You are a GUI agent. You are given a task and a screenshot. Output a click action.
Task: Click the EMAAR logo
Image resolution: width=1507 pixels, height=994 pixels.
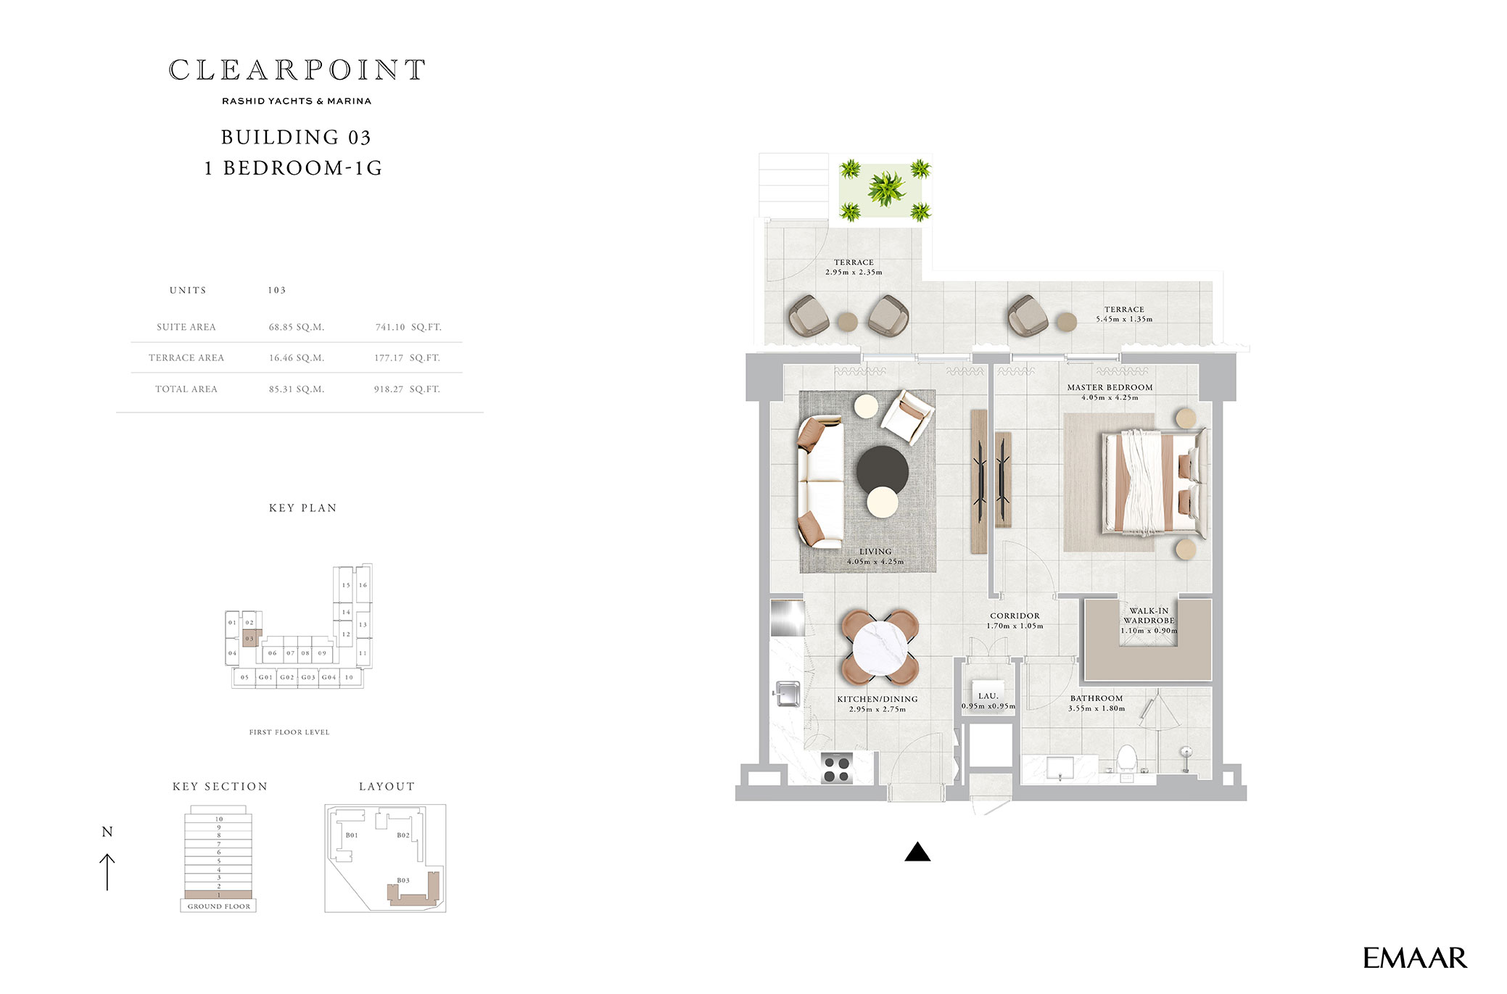coord(1414,958)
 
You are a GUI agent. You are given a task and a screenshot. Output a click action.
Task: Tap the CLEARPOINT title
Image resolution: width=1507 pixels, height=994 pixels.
coord(297,70)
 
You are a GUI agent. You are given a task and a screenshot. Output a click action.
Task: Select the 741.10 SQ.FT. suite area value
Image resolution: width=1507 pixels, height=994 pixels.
coord(408,327)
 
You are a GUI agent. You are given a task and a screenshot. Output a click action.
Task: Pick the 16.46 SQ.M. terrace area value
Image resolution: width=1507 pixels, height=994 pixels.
coord(297,358)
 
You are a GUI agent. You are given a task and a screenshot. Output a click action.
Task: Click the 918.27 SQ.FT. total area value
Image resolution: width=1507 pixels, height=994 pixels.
coord(407,389)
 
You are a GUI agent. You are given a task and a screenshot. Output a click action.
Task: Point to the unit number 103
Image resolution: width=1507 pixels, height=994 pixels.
coord(277,290)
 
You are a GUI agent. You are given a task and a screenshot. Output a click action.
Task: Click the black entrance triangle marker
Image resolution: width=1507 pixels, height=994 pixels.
coord(917,852)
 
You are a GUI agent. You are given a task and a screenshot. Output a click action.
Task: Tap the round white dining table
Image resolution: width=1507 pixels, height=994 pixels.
coord(880,647)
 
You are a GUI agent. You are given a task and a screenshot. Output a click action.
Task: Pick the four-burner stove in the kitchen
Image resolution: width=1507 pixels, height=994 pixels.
coord(836,769)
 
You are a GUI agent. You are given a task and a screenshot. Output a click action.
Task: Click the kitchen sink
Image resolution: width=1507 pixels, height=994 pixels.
coord(787,694)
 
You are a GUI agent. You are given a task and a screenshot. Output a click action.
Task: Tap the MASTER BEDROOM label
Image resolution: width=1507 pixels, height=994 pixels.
coord(1110,388)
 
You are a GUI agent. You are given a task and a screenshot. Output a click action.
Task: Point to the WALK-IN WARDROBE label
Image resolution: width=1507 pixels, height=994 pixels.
coord(1149,616)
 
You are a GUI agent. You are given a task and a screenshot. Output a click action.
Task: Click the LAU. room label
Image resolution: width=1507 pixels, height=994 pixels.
coord(988,696)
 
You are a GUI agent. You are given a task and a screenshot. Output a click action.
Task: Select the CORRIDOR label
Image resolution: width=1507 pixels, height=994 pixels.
coord(1015,616)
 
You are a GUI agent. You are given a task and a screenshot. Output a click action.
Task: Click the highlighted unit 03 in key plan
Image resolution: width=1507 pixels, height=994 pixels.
coord(250,638)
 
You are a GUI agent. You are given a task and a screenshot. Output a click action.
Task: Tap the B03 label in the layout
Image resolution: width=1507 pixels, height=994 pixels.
coord(403,881)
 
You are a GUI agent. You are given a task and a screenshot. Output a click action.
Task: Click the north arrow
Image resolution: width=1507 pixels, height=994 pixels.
coord(107,871)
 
